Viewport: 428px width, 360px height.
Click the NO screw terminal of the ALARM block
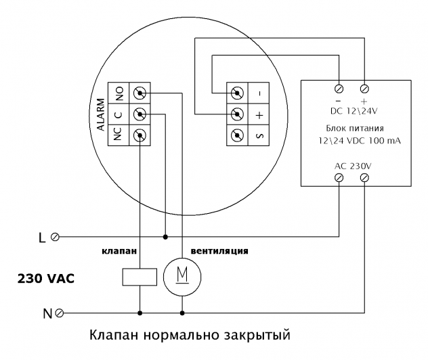(140, 92)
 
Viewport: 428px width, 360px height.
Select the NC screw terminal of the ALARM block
(140, 135)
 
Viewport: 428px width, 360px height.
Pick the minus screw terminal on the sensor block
(238, 92)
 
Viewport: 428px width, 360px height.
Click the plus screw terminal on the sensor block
(238, 114)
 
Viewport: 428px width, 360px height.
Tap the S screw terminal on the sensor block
(238, 135)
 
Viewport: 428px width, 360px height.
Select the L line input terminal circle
(55, 237)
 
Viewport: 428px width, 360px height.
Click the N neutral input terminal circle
(60, 313)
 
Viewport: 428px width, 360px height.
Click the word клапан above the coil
(119, 251)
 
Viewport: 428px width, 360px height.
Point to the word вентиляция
(218, 251)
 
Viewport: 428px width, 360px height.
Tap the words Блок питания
(351, 128)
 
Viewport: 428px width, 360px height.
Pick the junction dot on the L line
(166, 237)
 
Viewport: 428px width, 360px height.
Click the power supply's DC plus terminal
(365, 89)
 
